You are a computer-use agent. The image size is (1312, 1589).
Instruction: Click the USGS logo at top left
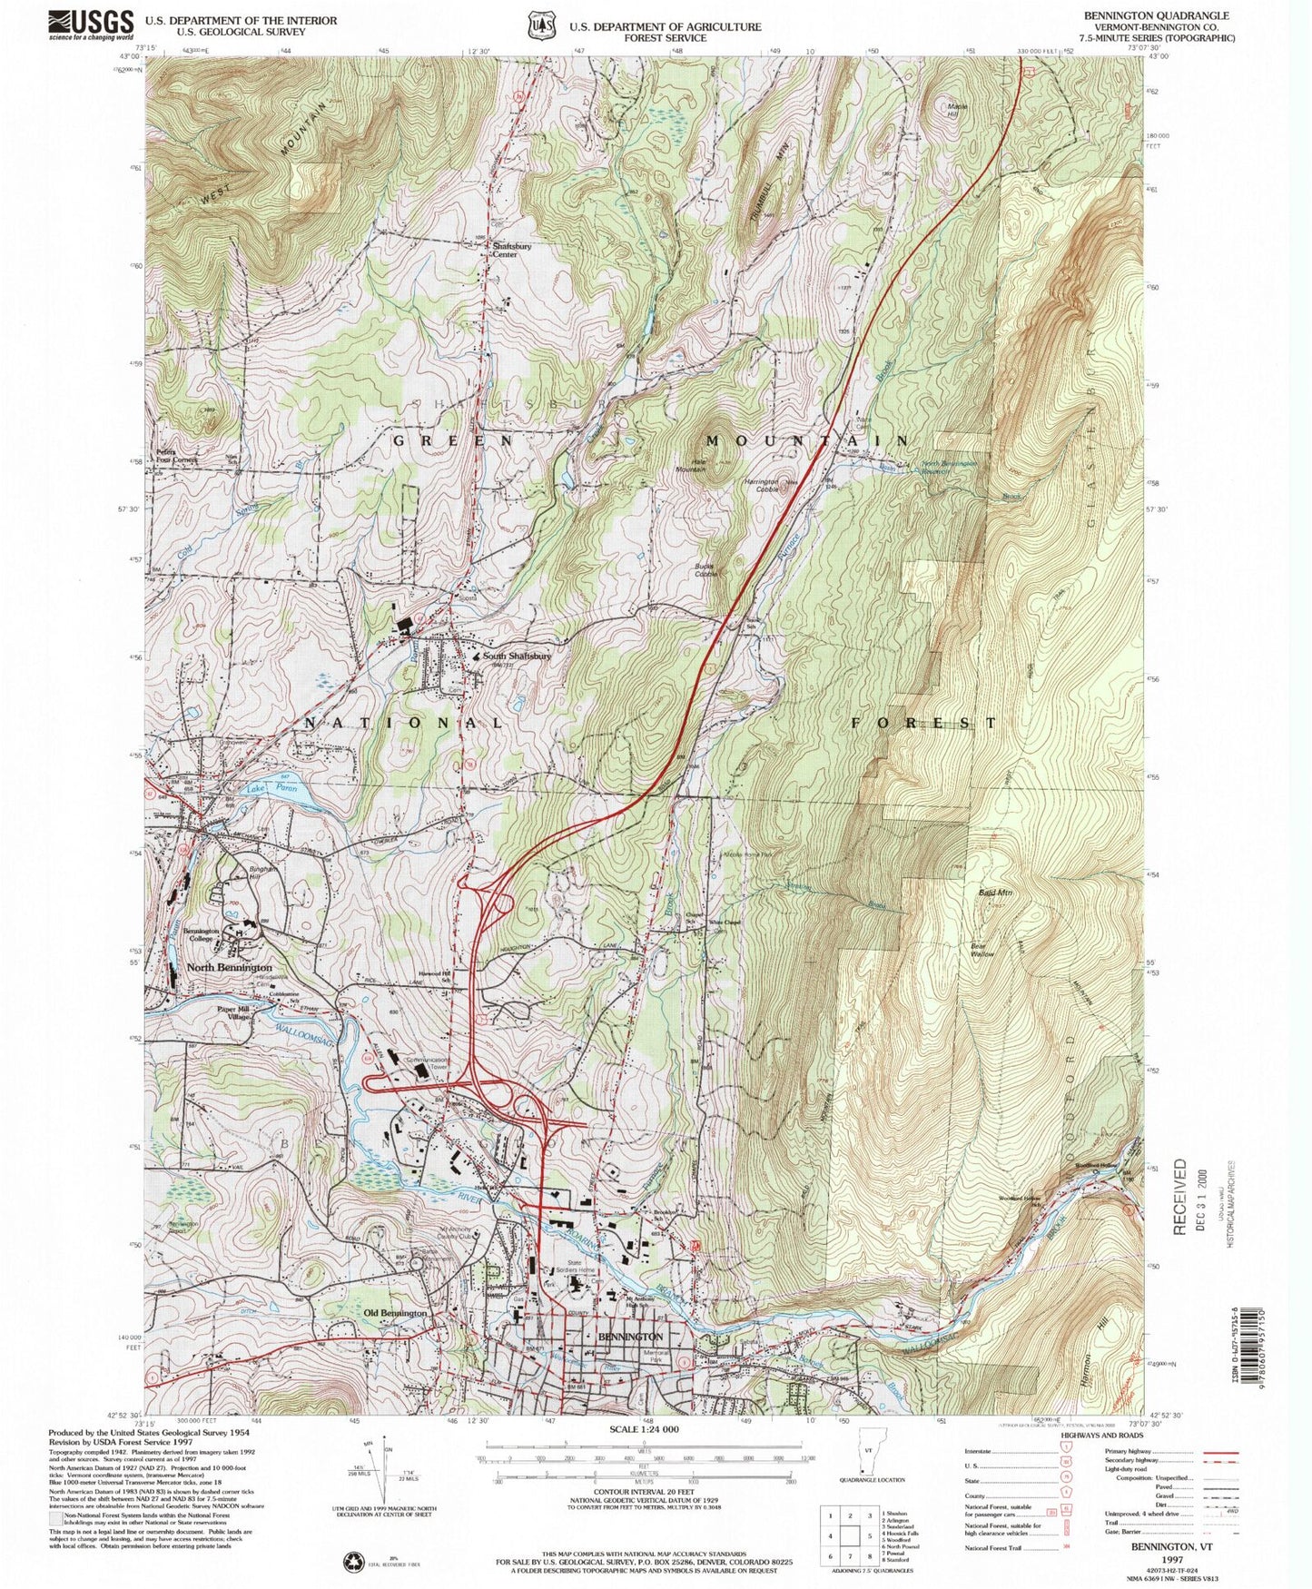(x=91, y=24)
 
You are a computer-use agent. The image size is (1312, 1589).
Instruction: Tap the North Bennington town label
(x=229, y=968)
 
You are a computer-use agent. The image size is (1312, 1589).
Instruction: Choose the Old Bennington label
(x=395, y=1313)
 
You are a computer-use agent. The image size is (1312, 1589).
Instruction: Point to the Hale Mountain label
(x=690, y=464)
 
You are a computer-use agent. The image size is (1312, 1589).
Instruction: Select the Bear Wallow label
(x=982, y=950)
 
